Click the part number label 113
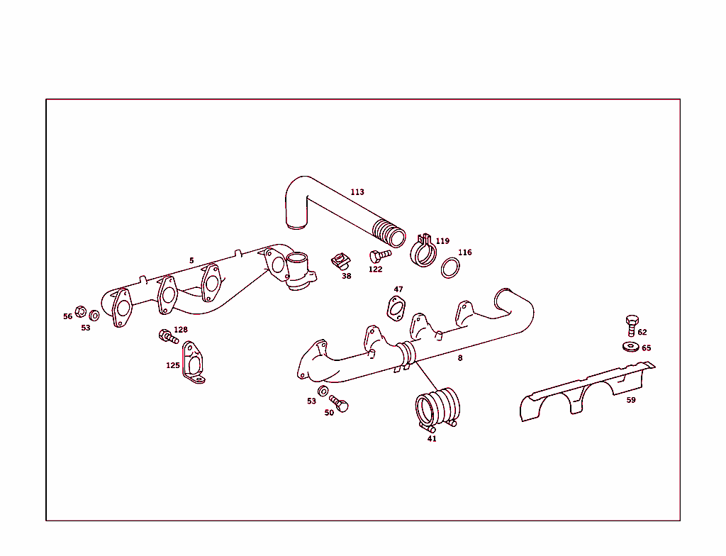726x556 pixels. tap(357, 192)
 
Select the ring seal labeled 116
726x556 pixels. tap(450, 269)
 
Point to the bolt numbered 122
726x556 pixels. tap(379, 255)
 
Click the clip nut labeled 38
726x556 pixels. tap(341, 262)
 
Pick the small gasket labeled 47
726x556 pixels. tap(396, 308)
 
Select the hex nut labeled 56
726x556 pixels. tap(81, 311)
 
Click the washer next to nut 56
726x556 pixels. tap(94, 315)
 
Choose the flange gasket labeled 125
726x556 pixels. tap(193, 364)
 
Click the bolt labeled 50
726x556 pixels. tap(339, 404)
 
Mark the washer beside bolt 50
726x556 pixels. tap(323, 391)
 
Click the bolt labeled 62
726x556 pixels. tap(632, 325)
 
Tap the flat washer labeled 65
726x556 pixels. tap(629, 346)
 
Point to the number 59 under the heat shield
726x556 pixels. tap(631, 400)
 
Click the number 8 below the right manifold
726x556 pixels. tap(459, 358)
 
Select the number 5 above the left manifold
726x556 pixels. tap(191, 261)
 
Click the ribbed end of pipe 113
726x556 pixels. tap(388, 231)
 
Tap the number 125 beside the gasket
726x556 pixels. tap(173, 365)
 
